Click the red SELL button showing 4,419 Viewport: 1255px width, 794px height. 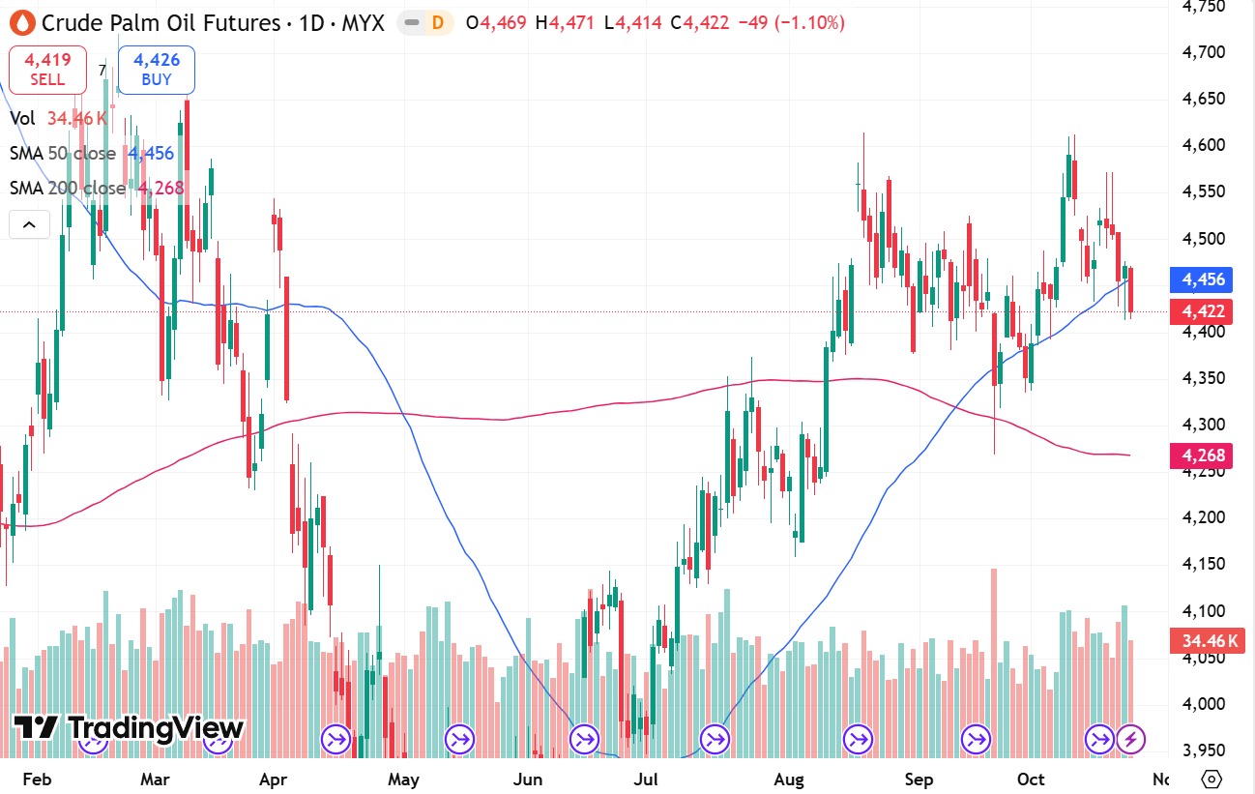(46, 70)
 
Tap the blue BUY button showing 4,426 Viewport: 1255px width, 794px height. (157, 70)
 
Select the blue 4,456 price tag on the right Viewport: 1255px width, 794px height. (1202, 279)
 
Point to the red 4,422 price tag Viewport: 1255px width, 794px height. (1202, 311)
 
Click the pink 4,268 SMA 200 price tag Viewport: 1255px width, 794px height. (1202, 455)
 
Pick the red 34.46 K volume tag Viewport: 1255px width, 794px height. (1202, 640)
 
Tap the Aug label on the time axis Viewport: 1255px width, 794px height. (790, 779)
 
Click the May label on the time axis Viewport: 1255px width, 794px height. (403, 779)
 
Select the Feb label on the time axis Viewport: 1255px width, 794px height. (37, 779)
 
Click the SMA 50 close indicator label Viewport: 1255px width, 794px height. (63, 154)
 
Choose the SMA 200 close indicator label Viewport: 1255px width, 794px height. (68, 188)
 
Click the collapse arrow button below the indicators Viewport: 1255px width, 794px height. (29, 225)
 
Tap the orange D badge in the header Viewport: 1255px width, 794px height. (437, 22)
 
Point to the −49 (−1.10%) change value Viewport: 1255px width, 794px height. (791, 22)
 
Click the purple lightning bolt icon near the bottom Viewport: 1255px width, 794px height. (1131, 740)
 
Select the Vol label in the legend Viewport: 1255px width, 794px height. (23, 118)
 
